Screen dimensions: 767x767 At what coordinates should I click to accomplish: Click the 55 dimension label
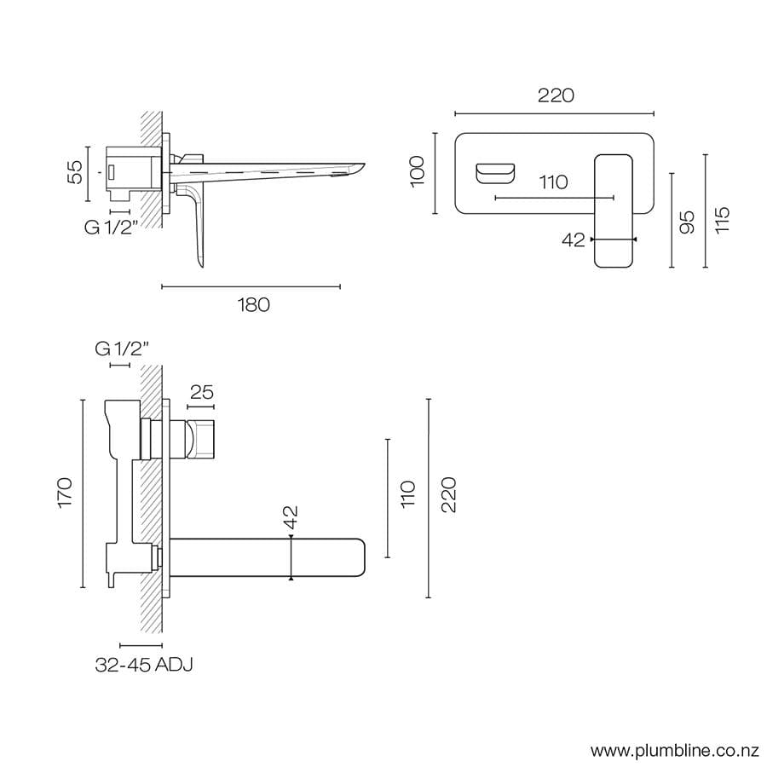(x=76, y=172)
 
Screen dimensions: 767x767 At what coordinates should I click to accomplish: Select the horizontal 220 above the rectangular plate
(x=555, y=95)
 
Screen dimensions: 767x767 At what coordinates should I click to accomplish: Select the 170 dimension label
(x=65, y=493)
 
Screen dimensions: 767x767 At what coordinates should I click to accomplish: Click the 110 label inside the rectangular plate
(x=553, y=182)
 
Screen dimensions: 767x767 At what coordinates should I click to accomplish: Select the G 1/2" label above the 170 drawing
(x=122, y=348)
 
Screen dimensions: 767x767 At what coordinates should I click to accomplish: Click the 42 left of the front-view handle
(x=574, y=240)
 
